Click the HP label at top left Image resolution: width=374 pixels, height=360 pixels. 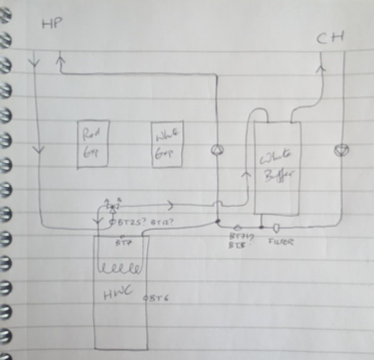tap(52, 24)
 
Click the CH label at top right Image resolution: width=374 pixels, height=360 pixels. tap(330, 38)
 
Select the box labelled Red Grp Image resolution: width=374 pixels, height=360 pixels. tap(93, 144)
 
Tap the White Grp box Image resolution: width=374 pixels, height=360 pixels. tap(167, 144)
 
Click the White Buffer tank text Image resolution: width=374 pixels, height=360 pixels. tap(277, 168)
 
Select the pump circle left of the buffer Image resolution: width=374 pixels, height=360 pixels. tap(217, 150)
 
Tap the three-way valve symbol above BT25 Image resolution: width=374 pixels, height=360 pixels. tap(112, 205)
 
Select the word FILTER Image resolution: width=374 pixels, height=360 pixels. tap(279, 242)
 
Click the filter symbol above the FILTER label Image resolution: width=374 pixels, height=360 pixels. tap(277, 228)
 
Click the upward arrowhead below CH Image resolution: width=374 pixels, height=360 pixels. tap(321, 68)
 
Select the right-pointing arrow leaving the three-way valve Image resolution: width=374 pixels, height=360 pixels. tap(169, 204)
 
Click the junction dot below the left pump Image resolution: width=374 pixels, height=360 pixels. tap(217, 220)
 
